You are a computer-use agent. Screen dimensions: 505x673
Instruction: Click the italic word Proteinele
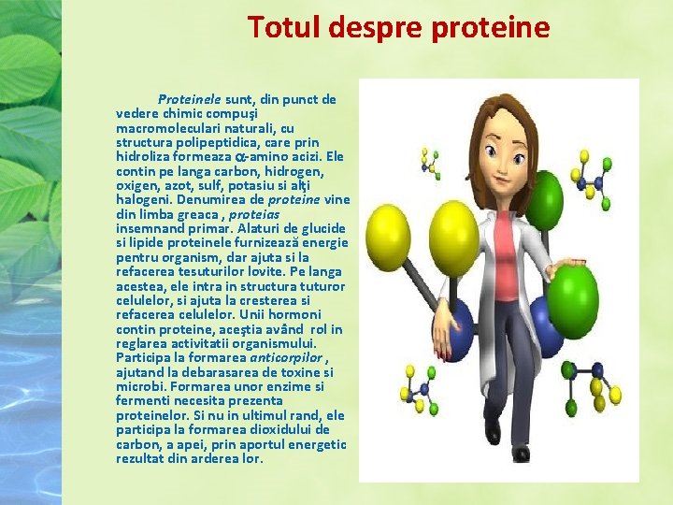tap(190, 98)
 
